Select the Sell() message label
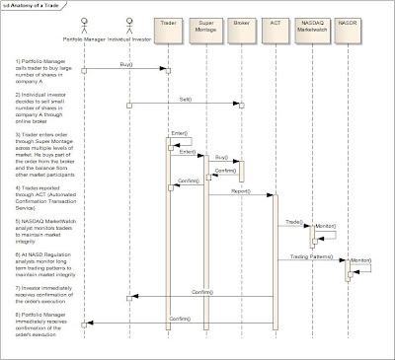(x=186, y=99)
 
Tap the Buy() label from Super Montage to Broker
(x=221, y=157)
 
